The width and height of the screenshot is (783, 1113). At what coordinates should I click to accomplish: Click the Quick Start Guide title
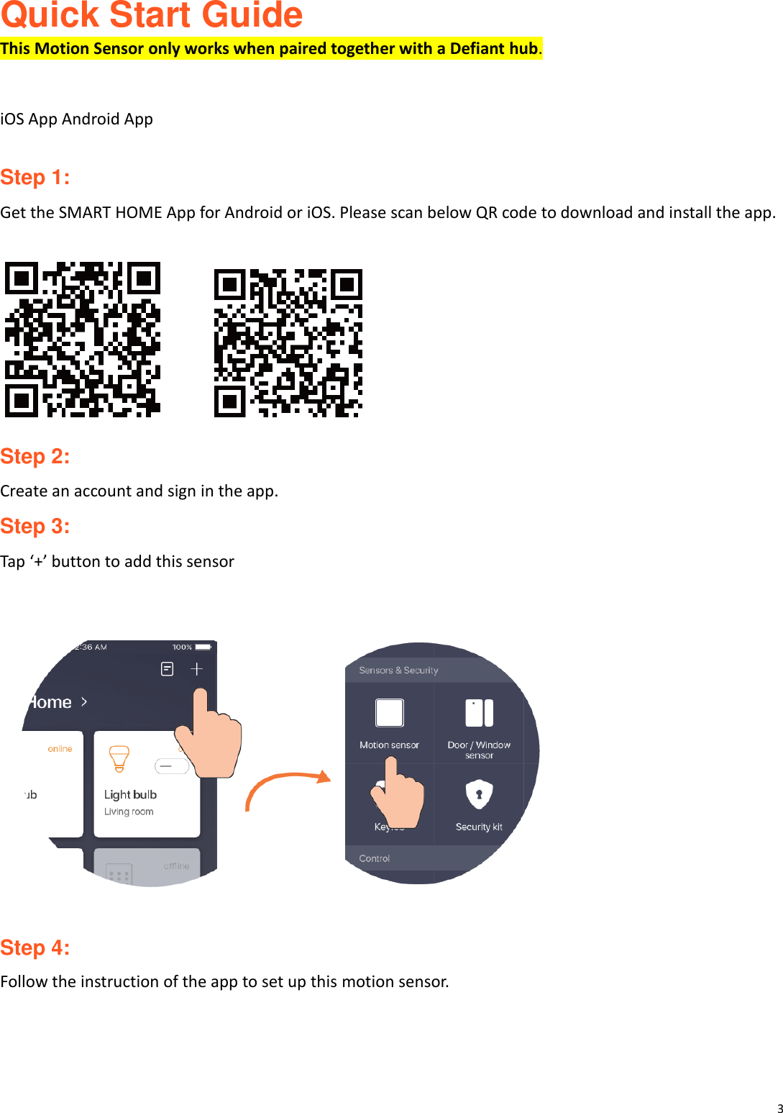pyautogui.click(x=151, y=16)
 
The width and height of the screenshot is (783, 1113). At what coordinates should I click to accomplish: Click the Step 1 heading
pyautogui.click(x=35, y=177)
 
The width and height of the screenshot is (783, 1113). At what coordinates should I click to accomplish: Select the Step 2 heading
pyautogui.click(x=35, y=456)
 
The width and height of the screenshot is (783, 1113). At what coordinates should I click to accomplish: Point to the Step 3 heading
pyautogui.click(x=35, y=526)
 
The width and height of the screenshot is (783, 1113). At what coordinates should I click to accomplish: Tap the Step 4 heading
pyautogui.click(x=35, y=948)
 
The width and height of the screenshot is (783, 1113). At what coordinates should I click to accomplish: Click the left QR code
pyautogui.click(x=83, y=340)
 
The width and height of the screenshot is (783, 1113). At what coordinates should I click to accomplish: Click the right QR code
pyautogui.click(x=288, y=343)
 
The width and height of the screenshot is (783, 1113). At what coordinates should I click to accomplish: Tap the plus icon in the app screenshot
pyautogui.click(x=196, y=669)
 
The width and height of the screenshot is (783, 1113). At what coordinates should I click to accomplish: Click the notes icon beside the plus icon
pyautogui.click(x=167, y=669)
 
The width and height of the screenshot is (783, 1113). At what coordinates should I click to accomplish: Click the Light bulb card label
pyautogui.click(x=130, y=794)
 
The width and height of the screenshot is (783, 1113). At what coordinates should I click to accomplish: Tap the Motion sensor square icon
pyautogui.click(x=389, y=713)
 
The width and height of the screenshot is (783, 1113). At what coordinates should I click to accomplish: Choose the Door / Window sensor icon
pyautogui.click(x=479, y=713)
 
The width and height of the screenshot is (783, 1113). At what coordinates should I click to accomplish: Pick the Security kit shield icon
pyautogui.click(x=479, y=794)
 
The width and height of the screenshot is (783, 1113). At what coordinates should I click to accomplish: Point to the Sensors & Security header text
pyautogui.click(x=398, y=670)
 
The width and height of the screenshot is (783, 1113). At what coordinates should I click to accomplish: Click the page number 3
pyautogui.click(x=779, y=1109)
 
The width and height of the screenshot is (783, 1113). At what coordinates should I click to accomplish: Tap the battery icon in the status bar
pyautogui.click(x=203, y=647)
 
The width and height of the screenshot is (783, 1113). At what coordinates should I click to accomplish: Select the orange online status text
pyautogui.click(x=60, y=749)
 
